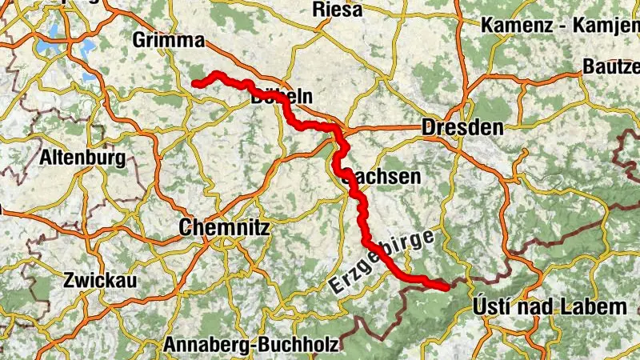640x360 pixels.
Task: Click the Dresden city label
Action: click(462, 128)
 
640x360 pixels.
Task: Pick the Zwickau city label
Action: click(100, 281)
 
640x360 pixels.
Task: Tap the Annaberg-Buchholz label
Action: click(251, 345)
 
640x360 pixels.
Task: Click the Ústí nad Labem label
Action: click(550, 307)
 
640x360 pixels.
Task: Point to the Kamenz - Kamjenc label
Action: click(560, 25)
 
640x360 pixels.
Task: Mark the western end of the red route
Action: click(194, 83)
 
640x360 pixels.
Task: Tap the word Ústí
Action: click(490, 307)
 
